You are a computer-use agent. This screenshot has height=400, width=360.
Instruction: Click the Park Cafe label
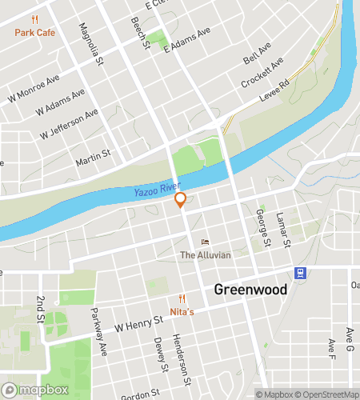pyautogui.click(x=34, y=34)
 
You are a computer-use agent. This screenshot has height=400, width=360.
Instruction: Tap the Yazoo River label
pyautogui.click(x=157, y=190)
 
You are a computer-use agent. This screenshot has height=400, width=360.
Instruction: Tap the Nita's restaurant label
pyautogui.click(x=182, y=311)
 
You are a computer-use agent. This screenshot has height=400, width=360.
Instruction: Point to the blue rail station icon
pyautogui.click(x=300, y=272)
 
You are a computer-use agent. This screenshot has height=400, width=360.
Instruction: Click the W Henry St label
pyautogui.click(x=138, y=323)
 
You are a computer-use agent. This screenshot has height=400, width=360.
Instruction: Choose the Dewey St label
pyautogui.click(x=160, y=356)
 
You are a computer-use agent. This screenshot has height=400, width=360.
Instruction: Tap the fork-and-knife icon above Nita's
pyautogui.click(x=182, y=298)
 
